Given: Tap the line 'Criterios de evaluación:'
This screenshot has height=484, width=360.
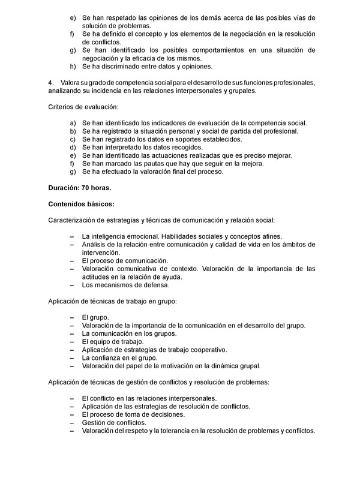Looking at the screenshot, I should coord(83,107).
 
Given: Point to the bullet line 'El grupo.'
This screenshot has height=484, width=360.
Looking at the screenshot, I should coord(95,317).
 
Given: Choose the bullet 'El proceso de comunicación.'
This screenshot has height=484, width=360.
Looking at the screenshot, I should coord(125,261).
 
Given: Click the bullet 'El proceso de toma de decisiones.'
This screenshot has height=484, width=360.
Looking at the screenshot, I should coord(133,414).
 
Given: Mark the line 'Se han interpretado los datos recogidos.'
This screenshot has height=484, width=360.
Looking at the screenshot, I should coord(151,147).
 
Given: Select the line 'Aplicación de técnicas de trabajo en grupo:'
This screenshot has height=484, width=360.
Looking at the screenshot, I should coord(112,301).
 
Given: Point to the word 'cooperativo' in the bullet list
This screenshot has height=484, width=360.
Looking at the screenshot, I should coord(208,350).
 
